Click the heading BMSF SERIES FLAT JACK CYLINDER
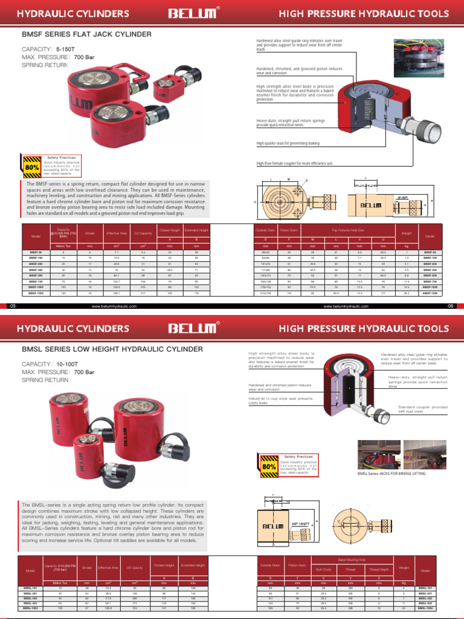[x=86, y=35]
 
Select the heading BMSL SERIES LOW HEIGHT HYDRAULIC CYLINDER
[x=112, y=349]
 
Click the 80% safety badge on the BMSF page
[x=32, y=166]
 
